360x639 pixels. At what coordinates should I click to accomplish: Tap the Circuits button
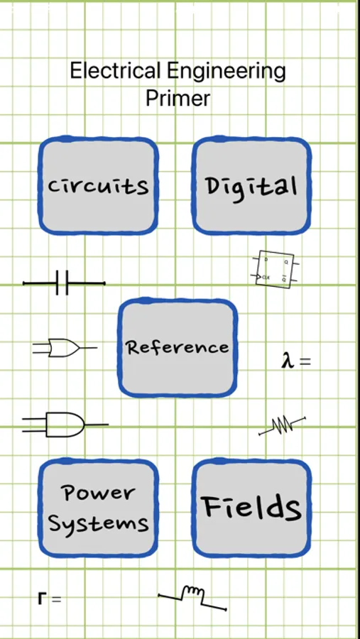(98, 185)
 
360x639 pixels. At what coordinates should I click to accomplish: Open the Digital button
(251, 185)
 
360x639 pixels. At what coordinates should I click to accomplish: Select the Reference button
(178, 348)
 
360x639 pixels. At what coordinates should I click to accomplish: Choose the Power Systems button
(98, 508)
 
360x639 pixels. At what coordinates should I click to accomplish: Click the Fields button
(251, 508)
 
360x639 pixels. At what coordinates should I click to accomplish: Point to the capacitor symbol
(64, 283)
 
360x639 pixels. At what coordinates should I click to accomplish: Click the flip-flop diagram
(274, 269)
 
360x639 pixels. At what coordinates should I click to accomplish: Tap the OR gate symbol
(65, 348)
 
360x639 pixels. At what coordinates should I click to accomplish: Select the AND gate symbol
(65, 425)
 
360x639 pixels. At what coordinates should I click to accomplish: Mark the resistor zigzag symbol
(282, 426)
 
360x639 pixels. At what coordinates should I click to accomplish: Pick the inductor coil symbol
(192, 598)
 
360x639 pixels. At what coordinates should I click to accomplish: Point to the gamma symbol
(42, 599)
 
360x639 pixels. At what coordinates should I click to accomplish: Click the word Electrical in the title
(115, 71)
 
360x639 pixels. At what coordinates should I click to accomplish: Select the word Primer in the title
(178, 98)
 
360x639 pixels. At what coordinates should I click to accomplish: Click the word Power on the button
(98, 493)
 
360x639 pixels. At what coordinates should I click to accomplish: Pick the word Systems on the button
(98, 523)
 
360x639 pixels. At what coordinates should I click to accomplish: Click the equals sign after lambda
(305, 361)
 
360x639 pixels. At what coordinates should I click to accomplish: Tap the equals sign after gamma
(56, 599)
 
